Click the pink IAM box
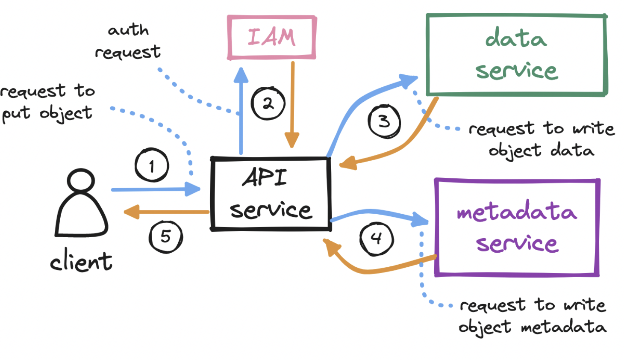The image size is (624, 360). click(271, 37)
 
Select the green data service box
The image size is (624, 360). click(516, 54)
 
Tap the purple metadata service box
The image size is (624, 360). click(517, 227)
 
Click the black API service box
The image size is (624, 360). click(271, 194)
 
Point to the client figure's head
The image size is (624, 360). click(81, 180)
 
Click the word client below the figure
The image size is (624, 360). click(81, 260)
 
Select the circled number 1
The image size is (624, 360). click(152, 165)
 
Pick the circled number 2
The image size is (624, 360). click(268, 103)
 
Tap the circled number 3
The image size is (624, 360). click(384, 121)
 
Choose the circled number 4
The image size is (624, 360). click(376, 238)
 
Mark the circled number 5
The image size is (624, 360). click(165, 236)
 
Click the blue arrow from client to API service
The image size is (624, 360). click(154, 189)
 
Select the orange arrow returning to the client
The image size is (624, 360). click(167, 212)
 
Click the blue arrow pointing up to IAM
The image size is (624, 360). click(241, 111)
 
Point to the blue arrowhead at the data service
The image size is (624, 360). click(409, 80)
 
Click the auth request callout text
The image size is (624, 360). click(127, 41)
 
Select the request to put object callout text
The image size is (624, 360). click(47, 103)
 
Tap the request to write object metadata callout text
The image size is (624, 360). click(533, 316)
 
